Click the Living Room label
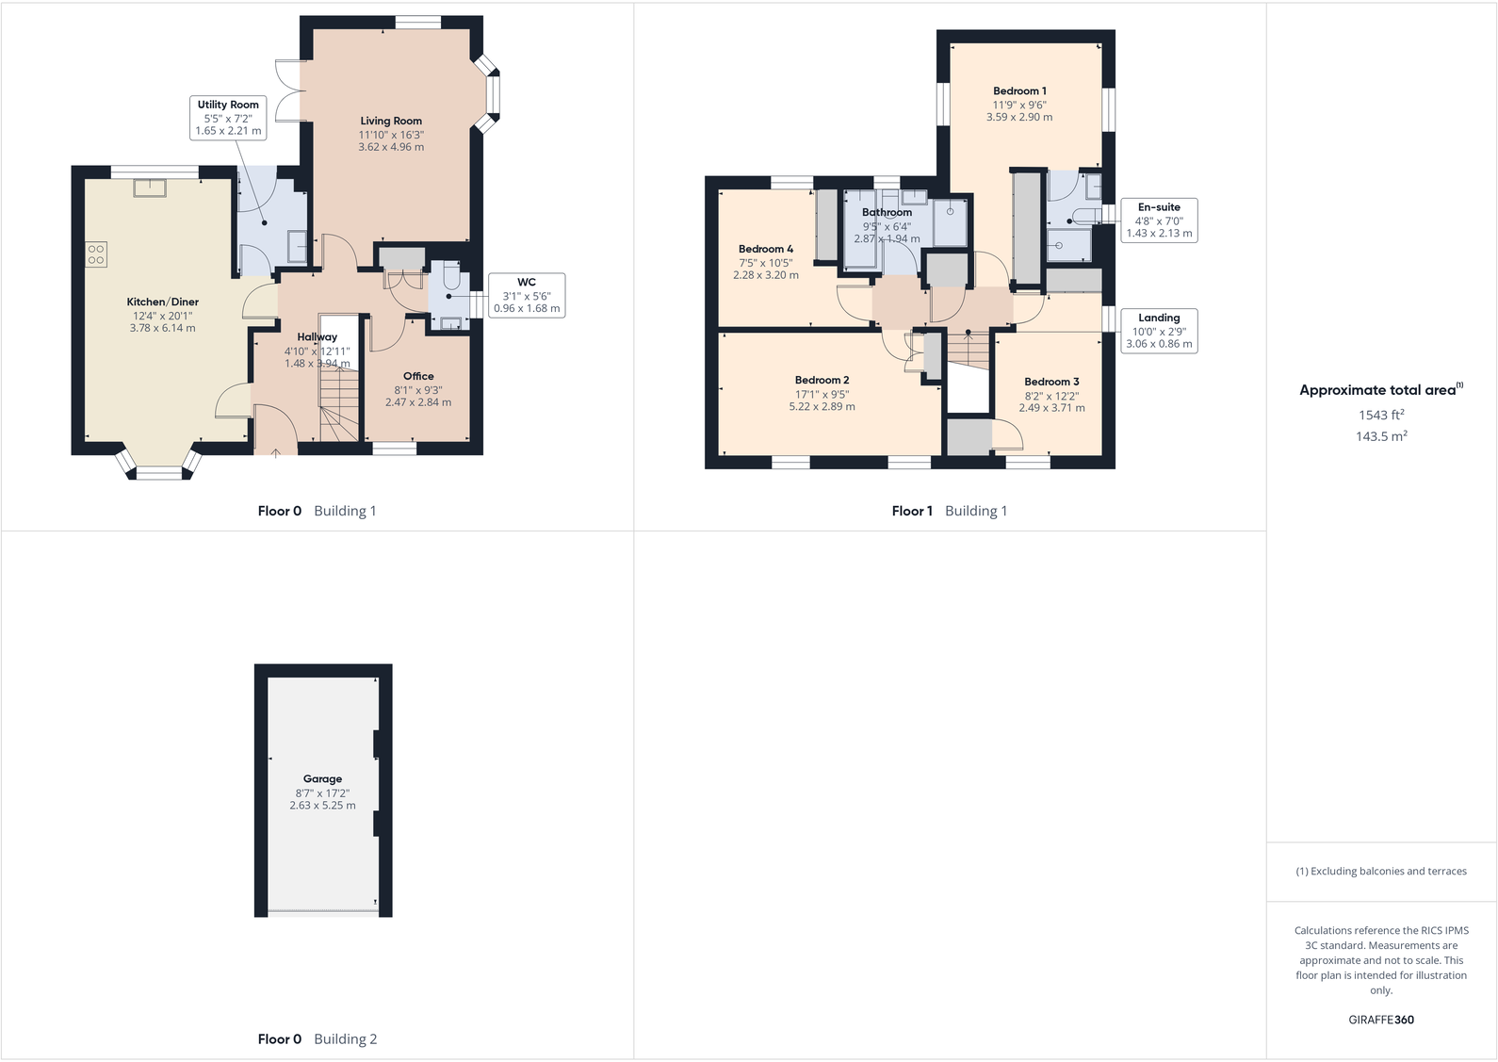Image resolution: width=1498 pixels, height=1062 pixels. [391, 121]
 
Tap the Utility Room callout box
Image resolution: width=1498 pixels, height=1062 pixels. [228, 118]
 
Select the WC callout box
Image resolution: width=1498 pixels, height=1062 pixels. [526, 295]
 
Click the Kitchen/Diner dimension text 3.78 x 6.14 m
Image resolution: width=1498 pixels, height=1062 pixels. [163, 328]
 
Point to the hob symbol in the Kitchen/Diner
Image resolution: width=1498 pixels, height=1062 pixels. [96, 254]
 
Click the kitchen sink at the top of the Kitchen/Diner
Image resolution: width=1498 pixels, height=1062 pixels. [150, 188]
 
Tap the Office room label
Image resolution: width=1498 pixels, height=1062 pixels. [418, 376]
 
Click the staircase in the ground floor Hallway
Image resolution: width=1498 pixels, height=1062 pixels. [339, 405]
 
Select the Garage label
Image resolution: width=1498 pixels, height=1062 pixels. [322, 778]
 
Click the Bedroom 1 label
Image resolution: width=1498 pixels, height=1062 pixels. [1019, 91]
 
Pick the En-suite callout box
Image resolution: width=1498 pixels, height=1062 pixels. [1159, 220]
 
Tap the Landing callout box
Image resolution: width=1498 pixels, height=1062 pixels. [1159, 331]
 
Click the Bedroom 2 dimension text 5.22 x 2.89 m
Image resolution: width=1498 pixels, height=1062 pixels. [822, 407]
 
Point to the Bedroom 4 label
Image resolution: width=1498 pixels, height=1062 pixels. [765, 249]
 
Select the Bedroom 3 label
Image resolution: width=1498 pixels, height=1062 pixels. [1051, 382]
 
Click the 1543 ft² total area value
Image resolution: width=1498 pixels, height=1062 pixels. [1381, 415]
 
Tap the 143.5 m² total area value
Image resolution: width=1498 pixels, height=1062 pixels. [1381, 436]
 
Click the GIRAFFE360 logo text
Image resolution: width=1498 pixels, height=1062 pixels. [1381, 1020]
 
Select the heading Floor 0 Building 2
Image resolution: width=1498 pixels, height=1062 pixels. [317, 1038]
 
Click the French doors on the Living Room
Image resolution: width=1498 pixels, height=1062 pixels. [289, 90]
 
